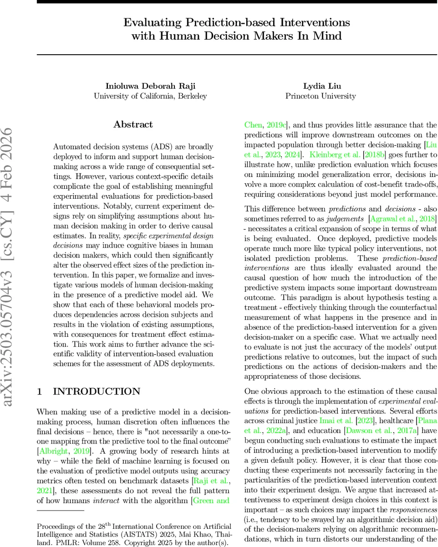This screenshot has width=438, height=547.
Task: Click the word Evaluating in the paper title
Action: pos(150,23)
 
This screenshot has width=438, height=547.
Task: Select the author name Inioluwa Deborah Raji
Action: pos(150,86)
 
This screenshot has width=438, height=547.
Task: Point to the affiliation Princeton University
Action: pos(321,96)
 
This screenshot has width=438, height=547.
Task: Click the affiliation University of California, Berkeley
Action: pos(150,96)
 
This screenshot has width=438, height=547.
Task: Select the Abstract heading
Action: pos(133,124)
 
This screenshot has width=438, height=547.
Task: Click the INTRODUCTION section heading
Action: pos(97,392)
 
